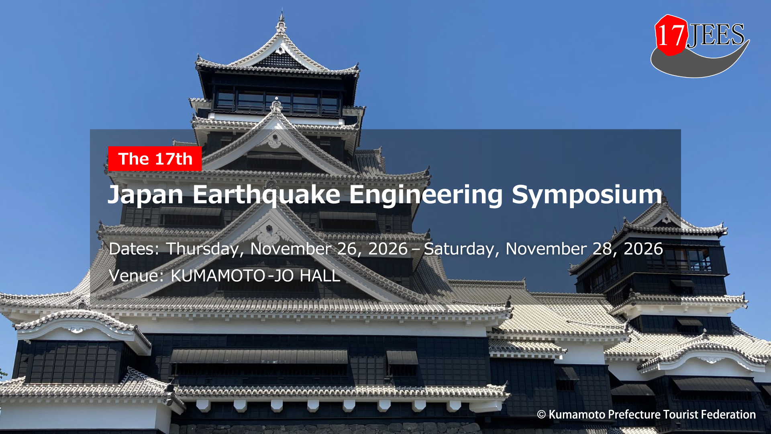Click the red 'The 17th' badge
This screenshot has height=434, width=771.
pos(155,159)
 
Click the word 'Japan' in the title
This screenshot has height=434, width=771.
pos(146,195)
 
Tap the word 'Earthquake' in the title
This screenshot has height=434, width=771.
pos(267,195)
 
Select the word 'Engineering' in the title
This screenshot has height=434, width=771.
pos(426,195)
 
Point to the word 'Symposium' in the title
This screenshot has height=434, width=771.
pos(587,195)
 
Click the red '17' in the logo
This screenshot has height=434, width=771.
pos(671,35)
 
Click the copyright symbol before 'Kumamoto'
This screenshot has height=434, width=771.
pos(541,415)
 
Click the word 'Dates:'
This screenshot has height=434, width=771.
pos(134,249)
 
